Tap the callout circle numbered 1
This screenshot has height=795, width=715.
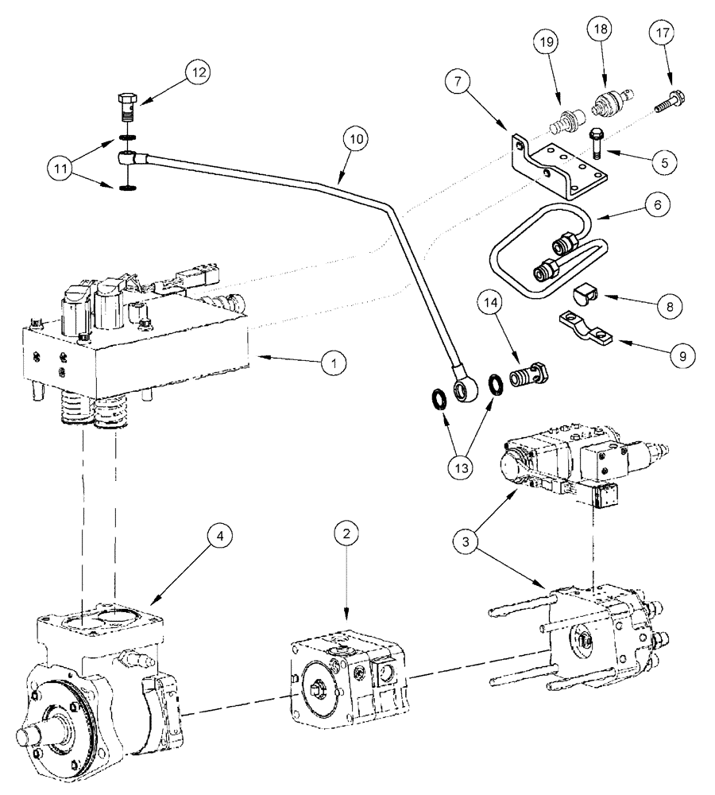(336, 363)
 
